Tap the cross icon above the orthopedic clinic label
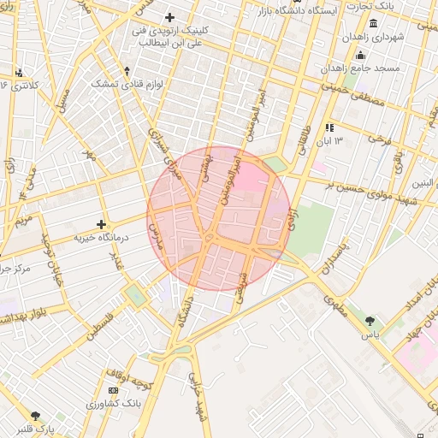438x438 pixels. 169,17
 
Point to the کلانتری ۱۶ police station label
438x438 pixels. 18,86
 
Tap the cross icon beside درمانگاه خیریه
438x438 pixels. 102,223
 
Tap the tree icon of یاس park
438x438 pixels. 370,321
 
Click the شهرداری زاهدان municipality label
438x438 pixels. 372,38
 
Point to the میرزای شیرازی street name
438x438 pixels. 167,155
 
